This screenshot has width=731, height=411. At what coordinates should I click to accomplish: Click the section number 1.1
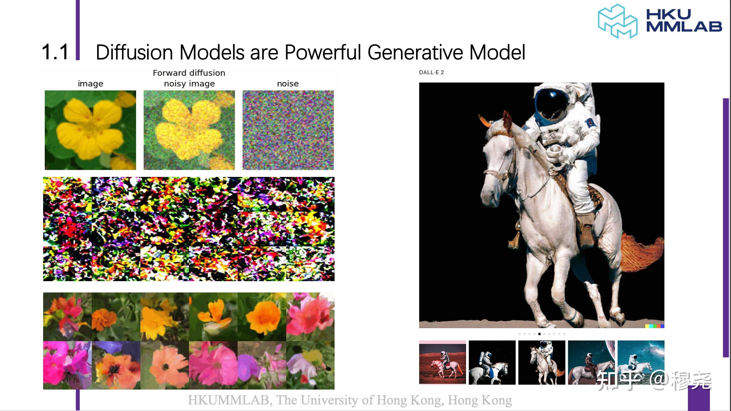[x=55, y=52]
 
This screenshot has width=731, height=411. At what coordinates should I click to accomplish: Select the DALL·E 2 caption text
[x=431, y=72]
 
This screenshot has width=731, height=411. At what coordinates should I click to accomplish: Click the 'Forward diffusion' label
[x=189, y=73]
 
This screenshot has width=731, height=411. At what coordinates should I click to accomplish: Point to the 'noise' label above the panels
[x=288, y=84]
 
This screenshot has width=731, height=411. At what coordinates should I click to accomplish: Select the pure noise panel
[x=288, y=130]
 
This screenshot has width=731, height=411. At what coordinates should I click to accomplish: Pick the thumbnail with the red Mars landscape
[x=443, y=362]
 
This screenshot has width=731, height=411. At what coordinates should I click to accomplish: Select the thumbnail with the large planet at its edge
[x=591, y=362]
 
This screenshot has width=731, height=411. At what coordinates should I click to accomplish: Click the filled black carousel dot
[x=539, y=334]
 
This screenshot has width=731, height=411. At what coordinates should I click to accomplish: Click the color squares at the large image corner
[x=655, y=326]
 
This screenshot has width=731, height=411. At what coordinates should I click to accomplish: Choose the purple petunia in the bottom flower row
[x=250, y=365]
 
